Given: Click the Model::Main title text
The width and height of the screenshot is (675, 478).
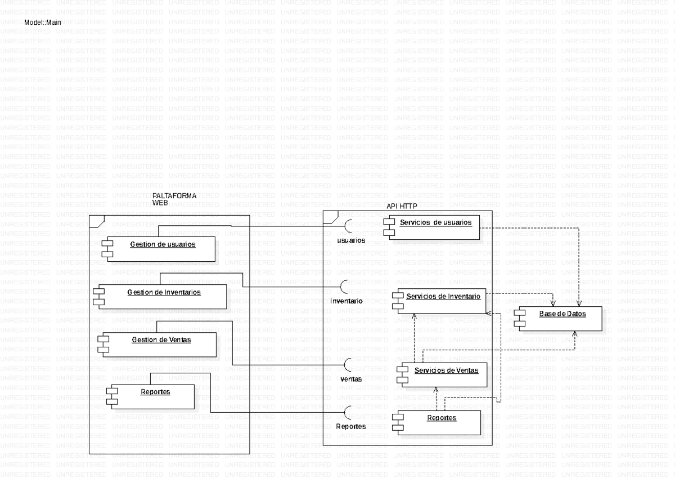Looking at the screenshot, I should coord(43,23).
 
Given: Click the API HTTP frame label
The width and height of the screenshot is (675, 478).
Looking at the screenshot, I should coord(398,206).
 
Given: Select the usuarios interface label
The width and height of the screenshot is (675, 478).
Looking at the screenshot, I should coord(351,240).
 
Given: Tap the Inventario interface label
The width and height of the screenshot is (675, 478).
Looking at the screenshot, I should coord(346,301).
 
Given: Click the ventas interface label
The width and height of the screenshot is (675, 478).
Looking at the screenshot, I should coord(351,379).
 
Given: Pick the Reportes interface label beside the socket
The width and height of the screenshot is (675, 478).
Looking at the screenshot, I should coord(351,426).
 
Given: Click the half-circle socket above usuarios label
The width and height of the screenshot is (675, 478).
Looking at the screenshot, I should coord(349,225).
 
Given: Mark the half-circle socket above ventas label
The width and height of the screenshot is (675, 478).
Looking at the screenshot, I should coord(349,364).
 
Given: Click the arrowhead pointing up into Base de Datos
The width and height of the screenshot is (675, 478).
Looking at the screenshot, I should coord(574,334).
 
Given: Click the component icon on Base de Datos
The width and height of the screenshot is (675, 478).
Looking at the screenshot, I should coord(519,319).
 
